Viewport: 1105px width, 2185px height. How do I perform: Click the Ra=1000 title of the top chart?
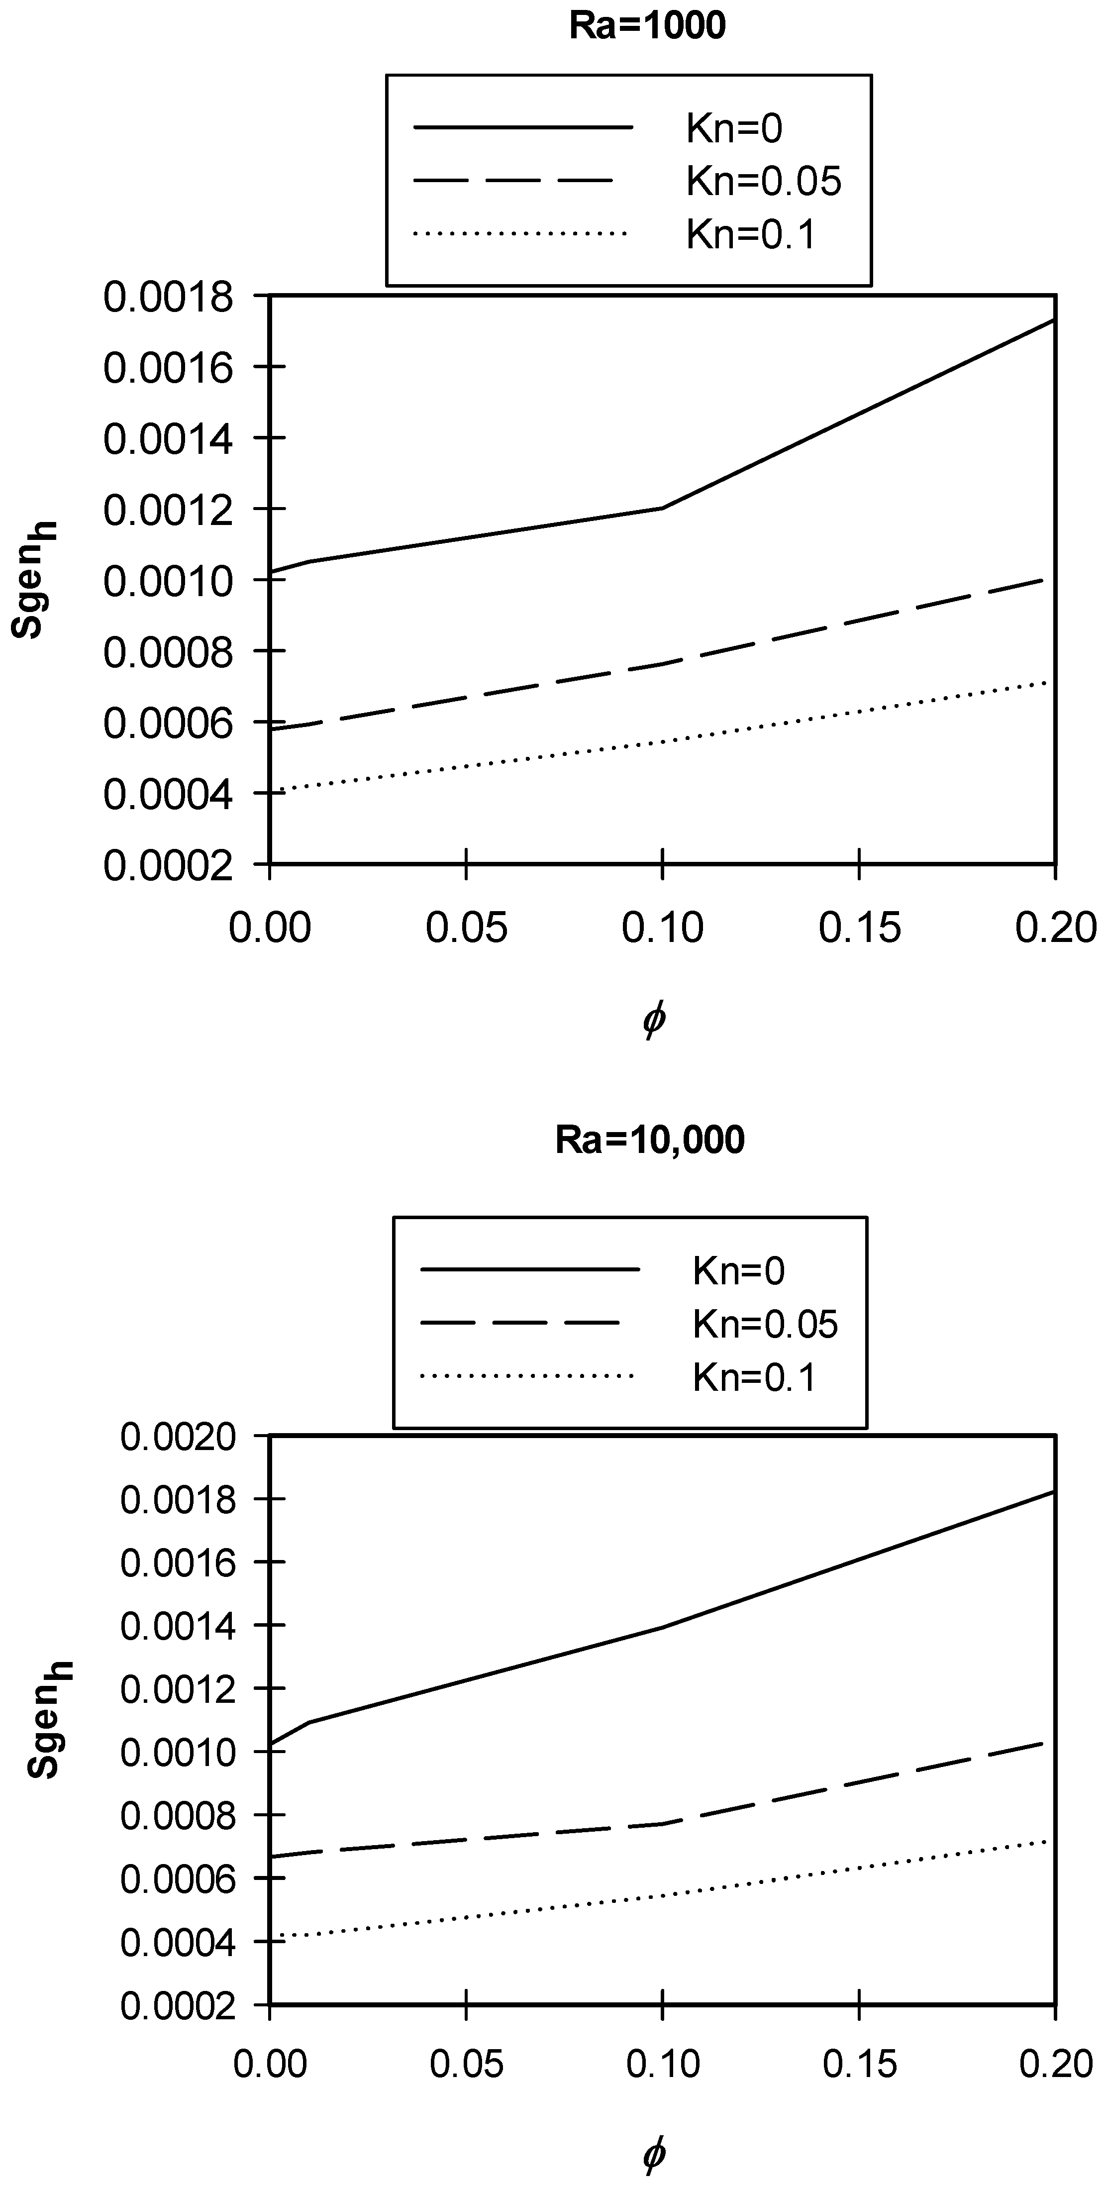click(647, 26)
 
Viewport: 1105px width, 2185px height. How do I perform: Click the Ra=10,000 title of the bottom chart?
click(650, 1139)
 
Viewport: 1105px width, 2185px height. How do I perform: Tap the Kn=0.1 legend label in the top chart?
click(751, 234)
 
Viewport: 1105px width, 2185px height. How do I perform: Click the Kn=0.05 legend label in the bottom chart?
click(765, 1324)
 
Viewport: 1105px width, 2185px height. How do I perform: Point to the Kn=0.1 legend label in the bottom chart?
click(754, 1377)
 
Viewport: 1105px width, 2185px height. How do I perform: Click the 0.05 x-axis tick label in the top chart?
click(466, 928)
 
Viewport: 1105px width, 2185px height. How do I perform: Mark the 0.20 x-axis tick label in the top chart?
click(1055, 928)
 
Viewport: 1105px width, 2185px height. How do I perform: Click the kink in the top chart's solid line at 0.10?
click(662, 508)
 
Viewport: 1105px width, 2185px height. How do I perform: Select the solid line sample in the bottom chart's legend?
click(530, 1270)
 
